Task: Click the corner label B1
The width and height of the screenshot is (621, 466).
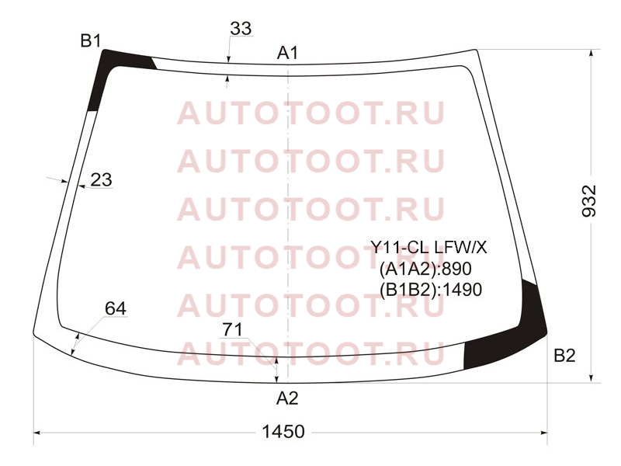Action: coord(91,41)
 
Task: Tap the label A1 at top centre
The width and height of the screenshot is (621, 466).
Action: coord(287,53)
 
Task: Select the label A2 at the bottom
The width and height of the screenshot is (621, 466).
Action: coord(287,398)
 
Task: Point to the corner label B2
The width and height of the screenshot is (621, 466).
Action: coord(564,356)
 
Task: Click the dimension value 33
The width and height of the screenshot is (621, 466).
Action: coord(241,29)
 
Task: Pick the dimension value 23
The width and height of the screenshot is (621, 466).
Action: coord(102,180)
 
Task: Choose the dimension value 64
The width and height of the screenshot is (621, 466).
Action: coord(116,308)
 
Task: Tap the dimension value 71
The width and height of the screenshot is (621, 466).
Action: coord(232,329)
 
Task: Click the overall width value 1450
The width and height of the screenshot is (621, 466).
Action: coord(283,432)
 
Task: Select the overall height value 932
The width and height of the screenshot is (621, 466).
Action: coord(589,201)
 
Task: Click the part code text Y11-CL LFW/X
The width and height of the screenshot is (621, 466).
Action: coord(428,248)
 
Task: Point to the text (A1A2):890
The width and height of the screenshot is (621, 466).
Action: coord(425,269)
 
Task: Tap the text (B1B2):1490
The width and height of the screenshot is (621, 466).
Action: coord(431,290)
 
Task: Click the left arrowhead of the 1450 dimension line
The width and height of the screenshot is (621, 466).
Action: coord(36,433)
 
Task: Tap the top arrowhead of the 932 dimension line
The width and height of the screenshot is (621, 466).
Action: coord(592,53)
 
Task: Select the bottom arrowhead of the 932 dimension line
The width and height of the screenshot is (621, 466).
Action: coord(592,379)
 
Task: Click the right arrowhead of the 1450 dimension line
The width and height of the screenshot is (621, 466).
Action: coord(544,433)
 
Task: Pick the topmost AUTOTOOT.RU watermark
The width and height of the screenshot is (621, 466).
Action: coord(311,113)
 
